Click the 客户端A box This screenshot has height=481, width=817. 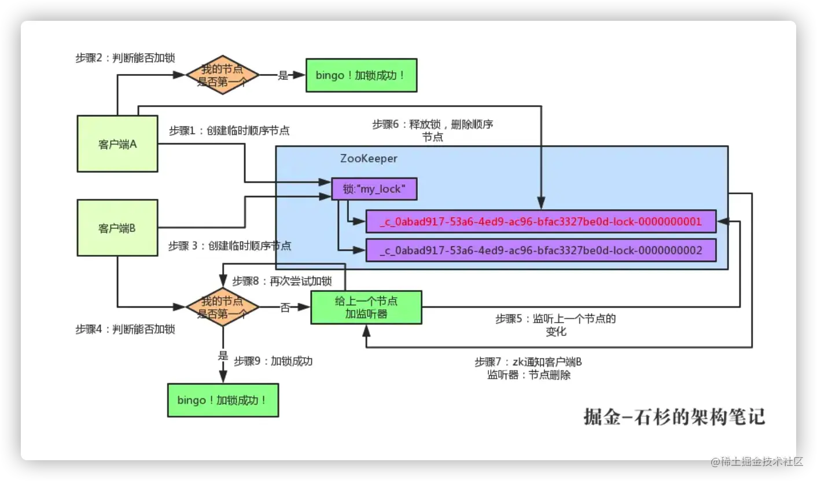click(117, 144)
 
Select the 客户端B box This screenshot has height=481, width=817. click(117, 228)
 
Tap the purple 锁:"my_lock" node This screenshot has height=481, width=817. click(374, 188)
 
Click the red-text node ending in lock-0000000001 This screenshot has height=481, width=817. click(541, 221)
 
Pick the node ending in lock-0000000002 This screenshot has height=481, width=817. click(541, 250)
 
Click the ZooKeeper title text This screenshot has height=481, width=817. click(369, 158)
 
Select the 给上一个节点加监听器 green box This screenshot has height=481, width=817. click(366, 308)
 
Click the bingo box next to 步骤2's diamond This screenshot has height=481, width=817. click(361, 75)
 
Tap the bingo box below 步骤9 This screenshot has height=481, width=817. click(223, 400)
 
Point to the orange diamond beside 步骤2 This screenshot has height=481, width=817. click(223, 75)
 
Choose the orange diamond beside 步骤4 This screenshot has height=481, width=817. click(223, 307)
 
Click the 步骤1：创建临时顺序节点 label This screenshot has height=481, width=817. click(229, 131)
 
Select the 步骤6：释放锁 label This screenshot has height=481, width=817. click(432, 130)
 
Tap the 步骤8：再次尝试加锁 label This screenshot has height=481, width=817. click(282, 281)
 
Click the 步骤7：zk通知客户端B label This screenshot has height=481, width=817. click(528, 368)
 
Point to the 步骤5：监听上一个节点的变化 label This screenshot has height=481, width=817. click(555, 324)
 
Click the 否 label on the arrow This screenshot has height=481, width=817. click(285, 308)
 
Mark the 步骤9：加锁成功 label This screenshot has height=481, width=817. click(273, 361)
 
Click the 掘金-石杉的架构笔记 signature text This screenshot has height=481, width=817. click(675, 416)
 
